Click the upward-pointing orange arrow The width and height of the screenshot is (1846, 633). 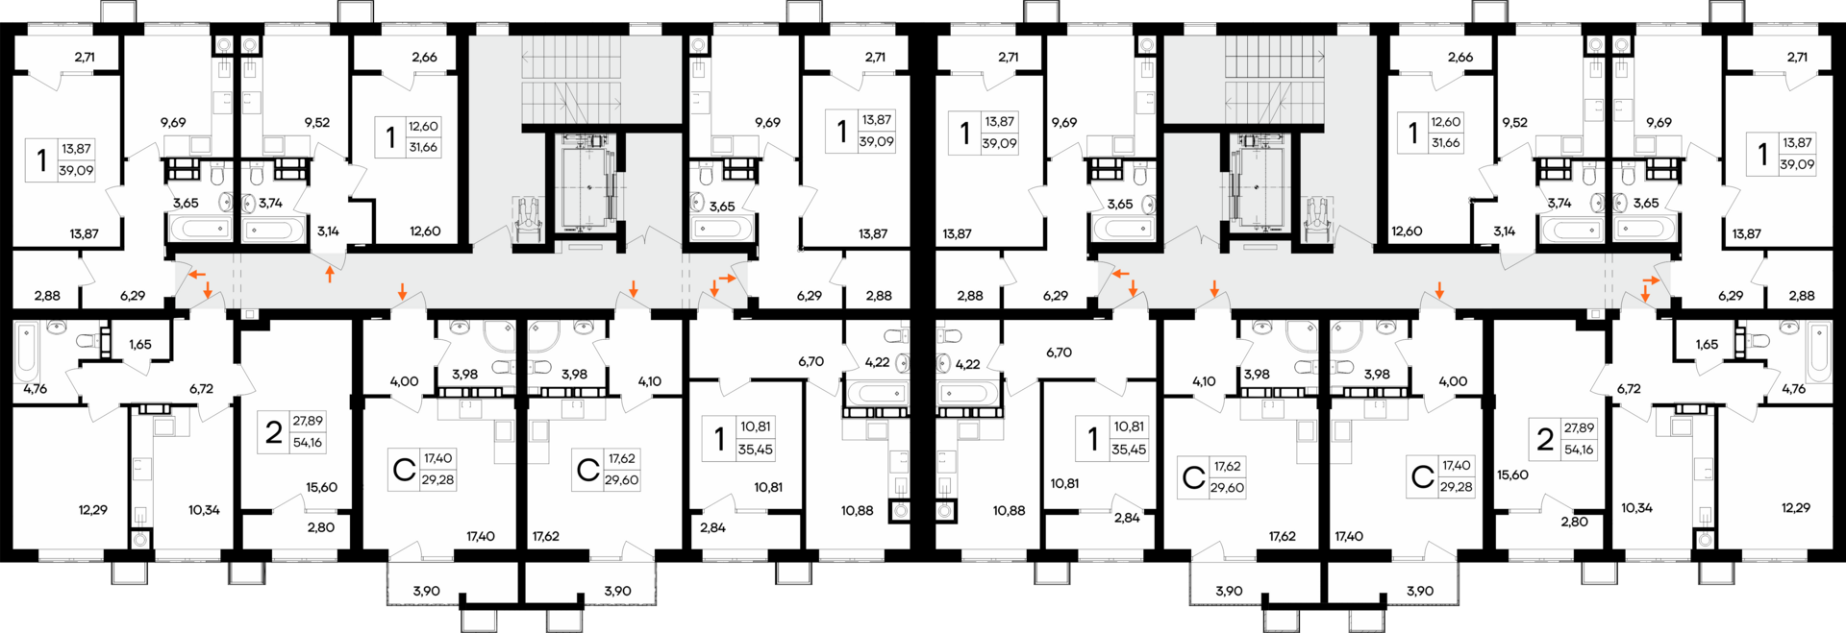(330, 275)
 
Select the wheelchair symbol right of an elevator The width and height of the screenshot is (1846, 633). (1316, 220)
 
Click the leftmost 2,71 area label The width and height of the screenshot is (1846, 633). (85, 57)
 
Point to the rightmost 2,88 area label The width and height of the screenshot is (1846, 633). (1802, 296)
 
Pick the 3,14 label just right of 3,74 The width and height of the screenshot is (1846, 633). (328, 231)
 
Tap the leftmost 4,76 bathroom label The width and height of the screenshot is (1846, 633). (35, 389)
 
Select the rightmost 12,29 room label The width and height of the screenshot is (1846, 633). (1796, 508)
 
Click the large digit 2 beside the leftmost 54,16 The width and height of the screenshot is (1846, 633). (274, 433)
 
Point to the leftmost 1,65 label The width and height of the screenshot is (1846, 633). (140, 345)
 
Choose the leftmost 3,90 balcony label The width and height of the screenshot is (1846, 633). (427, 592)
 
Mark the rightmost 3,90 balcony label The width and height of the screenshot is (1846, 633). (1420, 592)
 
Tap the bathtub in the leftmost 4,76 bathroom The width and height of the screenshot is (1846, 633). (27, 353)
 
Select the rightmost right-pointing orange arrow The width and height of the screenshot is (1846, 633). (1651, 280)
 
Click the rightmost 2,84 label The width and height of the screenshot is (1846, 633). (1127, 518)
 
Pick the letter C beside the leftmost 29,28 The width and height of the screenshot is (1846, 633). (404, 471)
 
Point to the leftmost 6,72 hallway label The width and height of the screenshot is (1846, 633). (201, 389)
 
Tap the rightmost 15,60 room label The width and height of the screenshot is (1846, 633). (1512, 475)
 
